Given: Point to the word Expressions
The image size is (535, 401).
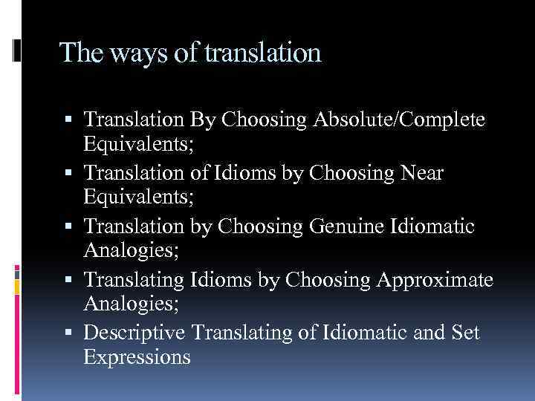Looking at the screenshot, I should point(137,356).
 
